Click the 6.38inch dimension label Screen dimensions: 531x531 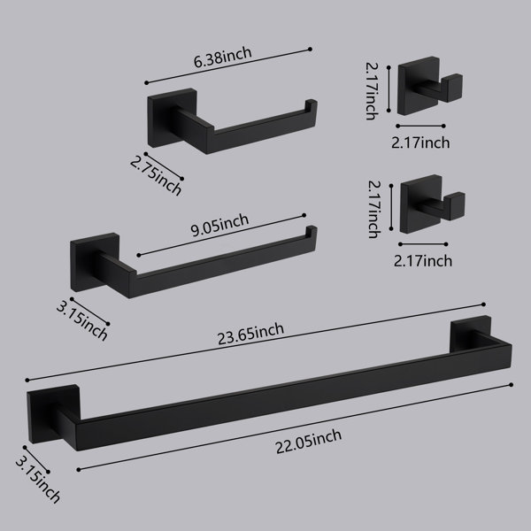click(222, 58)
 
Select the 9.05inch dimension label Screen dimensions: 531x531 click(219, 225)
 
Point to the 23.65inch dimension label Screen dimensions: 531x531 click(250, 334)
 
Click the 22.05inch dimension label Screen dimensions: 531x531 click(309, 441)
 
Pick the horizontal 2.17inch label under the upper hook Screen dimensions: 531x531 click(420, 142)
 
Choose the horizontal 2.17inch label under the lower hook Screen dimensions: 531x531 click(423, 261)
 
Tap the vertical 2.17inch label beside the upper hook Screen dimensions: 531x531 click(372, 91)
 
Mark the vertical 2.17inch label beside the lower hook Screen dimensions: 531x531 click(374, 209)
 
